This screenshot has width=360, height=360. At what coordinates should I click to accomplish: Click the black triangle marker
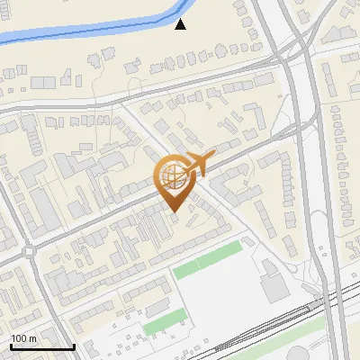point(181,24)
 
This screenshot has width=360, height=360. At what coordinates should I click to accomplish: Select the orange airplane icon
point(195,165)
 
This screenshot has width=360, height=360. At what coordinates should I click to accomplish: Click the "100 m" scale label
point(24,338)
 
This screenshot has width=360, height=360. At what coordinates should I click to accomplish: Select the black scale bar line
point(42,346)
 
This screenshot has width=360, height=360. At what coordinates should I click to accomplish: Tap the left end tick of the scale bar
point(11,345)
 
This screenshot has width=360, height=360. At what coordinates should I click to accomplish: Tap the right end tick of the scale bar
point(74,345)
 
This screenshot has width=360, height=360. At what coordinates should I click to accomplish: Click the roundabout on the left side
point(29,252)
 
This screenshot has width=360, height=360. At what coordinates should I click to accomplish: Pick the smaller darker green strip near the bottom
point(165,320)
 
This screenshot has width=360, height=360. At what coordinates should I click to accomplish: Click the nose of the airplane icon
point(213,157)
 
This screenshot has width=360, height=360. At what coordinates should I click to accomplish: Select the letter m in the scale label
point(32,338)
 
